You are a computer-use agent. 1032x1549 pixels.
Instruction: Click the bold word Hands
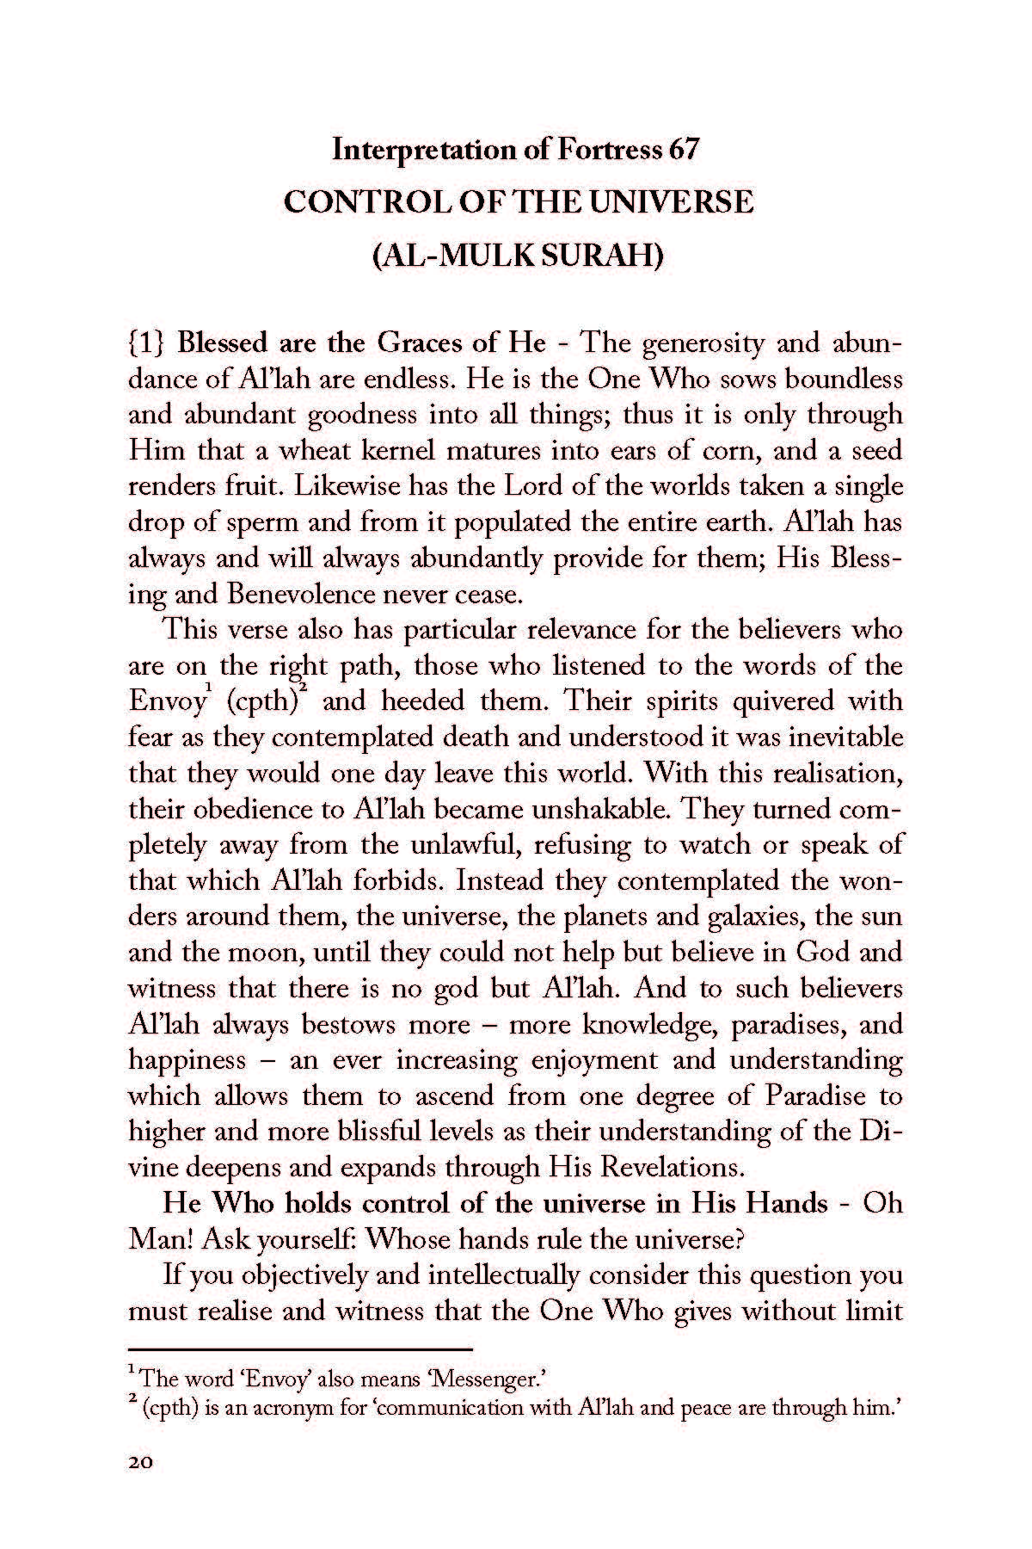click(787, 1203)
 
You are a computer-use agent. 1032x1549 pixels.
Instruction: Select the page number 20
click(140, 1463)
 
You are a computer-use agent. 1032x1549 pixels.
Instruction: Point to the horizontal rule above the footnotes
click(301, 1348)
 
